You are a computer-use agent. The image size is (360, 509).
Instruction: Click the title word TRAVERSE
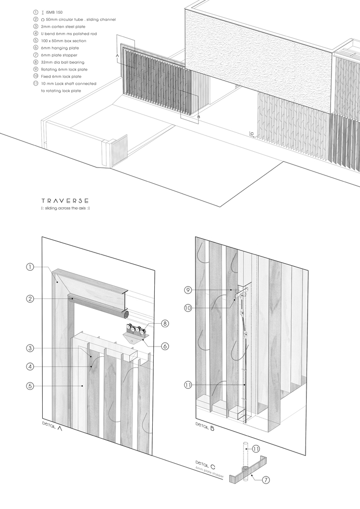[66, 201]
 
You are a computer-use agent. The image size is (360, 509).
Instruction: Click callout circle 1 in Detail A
[30, 267]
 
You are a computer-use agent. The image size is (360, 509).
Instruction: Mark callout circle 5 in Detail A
[30, 386]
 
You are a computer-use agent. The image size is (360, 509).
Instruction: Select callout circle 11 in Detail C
[256, 448]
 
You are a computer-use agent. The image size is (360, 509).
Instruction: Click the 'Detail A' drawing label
[53, 427]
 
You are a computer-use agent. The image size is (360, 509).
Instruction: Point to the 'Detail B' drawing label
[205, 427]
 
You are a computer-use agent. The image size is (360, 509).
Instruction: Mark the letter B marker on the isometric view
[199, 118]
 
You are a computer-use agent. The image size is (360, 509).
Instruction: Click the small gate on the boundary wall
[118, 148]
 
